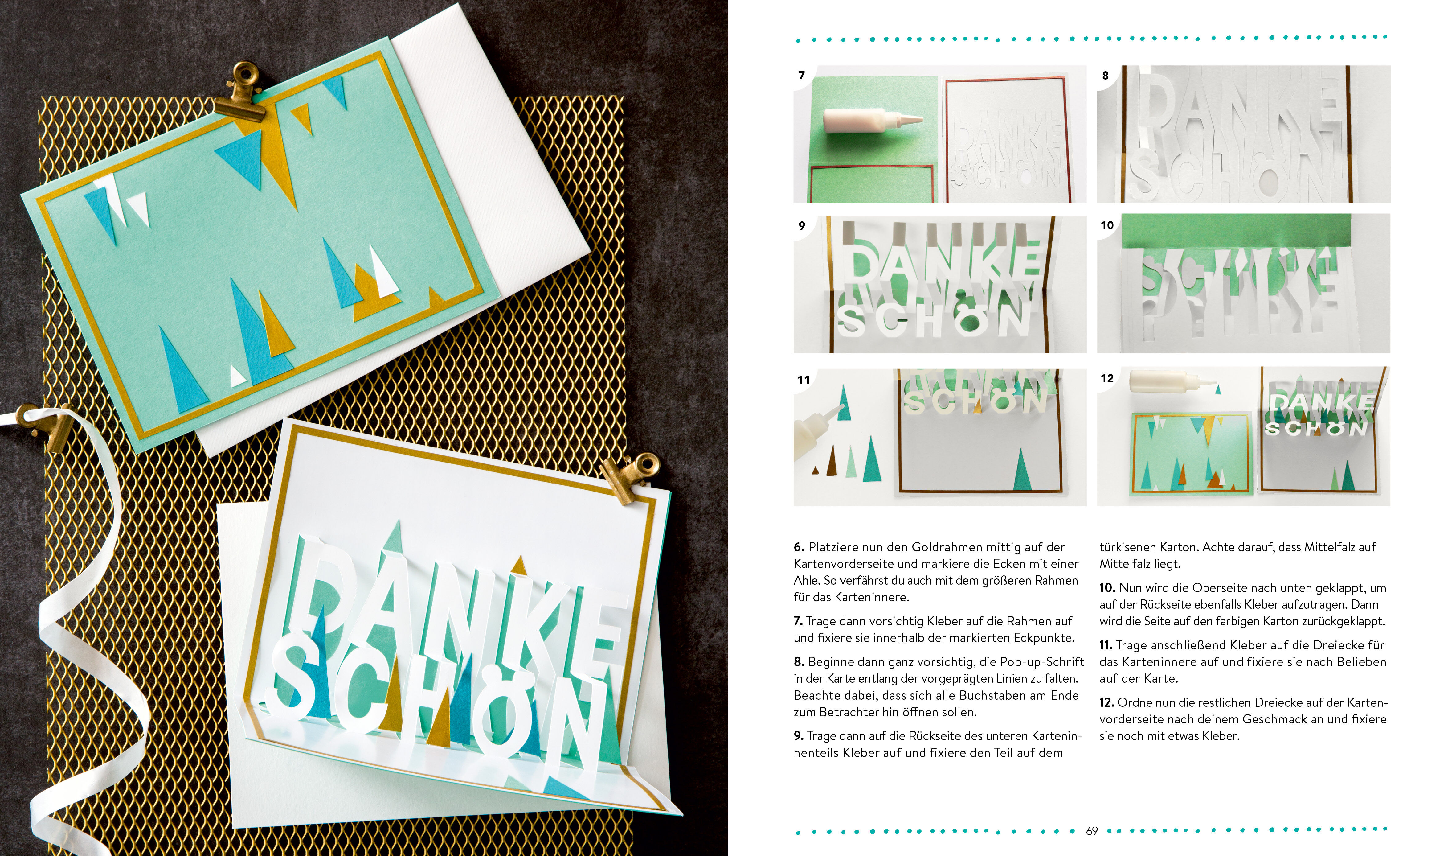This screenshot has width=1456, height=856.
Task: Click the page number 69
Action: (1091, 831)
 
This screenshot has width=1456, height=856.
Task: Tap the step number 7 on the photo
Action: (801, 75)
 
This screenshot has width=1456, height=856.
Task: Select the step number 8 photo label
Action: (1105, 75)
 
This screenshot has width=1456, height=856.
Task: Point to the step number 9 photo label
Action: (801, 225)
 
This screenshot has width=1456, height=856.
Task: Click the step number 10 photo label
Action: (1107, 225)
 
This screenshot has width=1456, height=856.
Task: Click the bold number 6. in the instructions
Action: (799, 547)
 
